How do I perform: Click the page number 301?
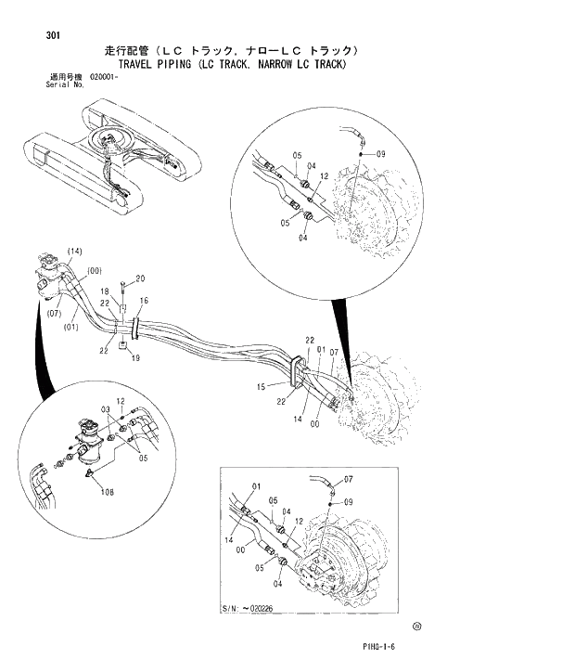tap(53, 36)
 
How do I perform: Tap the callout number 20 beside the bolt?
tap(140, 278)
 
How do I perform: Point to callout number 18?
tap(105, 291)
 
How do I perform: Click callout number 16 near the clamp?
tap(144, 302)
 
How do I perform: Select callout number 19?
tap(135, 357)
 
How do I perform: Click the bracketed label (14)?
tap(75, 252)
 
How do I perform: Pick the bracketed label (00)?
tap(94, 270)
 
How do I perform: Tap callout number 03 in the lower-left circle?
tap(107, 409)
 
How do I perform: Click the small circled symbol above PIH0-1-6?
tap(418, 627)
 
